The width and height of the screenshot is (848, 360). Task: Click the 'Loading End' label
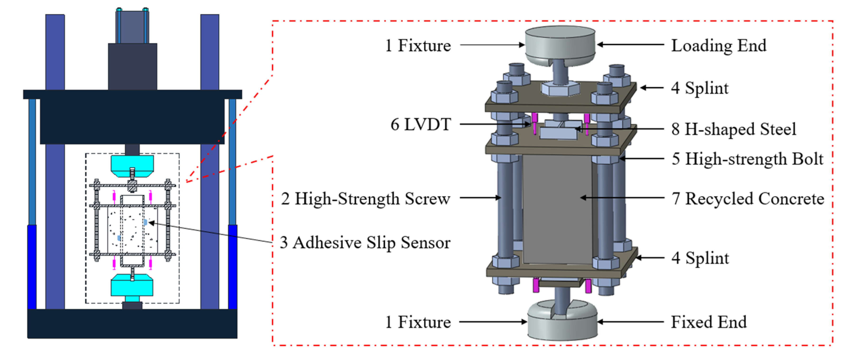point(719,45)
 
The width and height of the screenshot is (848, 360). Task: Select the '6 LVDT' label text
point(420,125)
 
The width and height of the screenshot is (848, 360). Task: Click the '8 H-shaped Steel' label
point(734,129)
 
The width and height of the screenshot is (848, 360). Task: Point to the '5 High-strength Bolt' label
point(747,159)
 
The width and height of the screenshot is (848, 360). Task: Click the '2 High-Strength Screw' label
point(365,199)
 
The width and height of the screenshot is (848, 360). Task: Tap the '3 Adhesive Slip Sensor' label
point(365,243)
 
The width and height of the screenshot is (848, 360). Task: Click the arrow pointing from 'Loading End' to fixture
point(630,44)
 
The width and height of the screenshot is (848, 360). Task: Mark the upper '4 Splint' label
point(700,88)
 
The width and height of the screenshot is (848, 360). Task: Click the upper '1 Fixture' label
point(418,45)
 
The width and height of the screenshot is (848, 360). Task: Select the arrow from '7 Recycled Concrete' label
point(622,198)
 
